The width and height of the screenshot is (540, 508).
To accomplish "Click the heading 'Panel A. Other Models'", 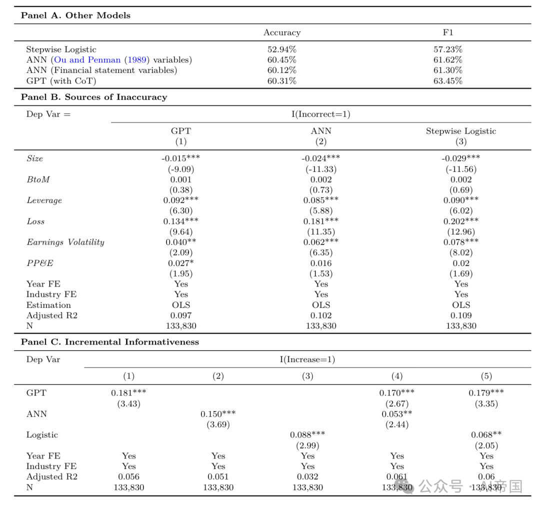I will coord(75,15).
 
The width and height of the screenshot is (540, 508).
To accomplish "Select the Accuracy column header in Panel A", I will coord(282,32).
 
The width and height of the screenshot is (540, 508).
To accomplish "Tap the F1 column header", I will coord(448,32).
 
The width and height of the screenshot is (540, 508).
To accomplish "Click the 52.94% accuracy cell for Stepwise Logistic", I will coord(282,49).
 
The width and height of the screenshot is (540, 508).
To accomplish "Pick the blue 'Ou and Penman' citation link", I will coord(87,60).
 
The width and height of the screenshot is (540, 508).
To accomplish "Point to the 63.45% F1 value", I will coord(448,81).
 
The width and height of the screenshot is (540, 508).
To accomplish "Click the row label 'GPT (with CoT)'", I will coord(61,81).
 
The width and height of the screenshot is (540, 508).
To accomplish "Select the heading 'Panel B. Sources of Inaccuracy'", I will coord(94,97).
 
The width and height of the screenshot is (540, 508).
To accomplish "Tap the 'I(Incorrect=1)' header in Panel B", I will coord(321,114).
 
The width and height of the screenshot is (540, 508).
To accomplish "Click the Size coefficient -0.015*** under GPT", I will coord(181,158).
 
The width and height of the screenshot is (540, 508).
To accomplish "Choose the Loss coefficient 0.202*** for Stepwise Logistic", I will coord(461,221).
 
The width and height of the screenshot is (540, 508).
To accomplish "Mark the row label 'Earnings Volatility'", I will coord(65,242).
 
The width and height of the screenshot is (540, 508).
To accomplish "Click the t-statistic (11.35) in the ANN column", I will coord(321,231).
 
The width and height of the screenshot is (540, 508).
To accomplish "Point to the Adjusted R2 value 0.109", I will coord(461,315).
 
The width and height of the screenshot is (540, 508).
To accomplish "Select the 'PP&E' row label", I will coord(39,263).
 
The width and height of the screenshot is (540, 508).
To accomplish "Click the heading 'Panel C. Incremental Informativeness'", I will coord(110,342).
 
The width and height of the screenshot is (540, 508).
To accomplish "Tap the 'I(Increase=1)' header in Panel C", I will coord(307,359).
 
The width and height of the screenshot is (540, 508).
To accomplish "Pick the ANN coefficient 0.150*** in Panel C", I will coord(218,414).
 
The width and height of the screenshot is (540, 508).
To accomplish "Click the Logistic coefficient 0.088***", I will coord(307,435).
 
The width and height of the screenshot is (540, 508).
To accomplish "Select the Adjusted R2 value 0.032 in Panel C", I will coord(307,476).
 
